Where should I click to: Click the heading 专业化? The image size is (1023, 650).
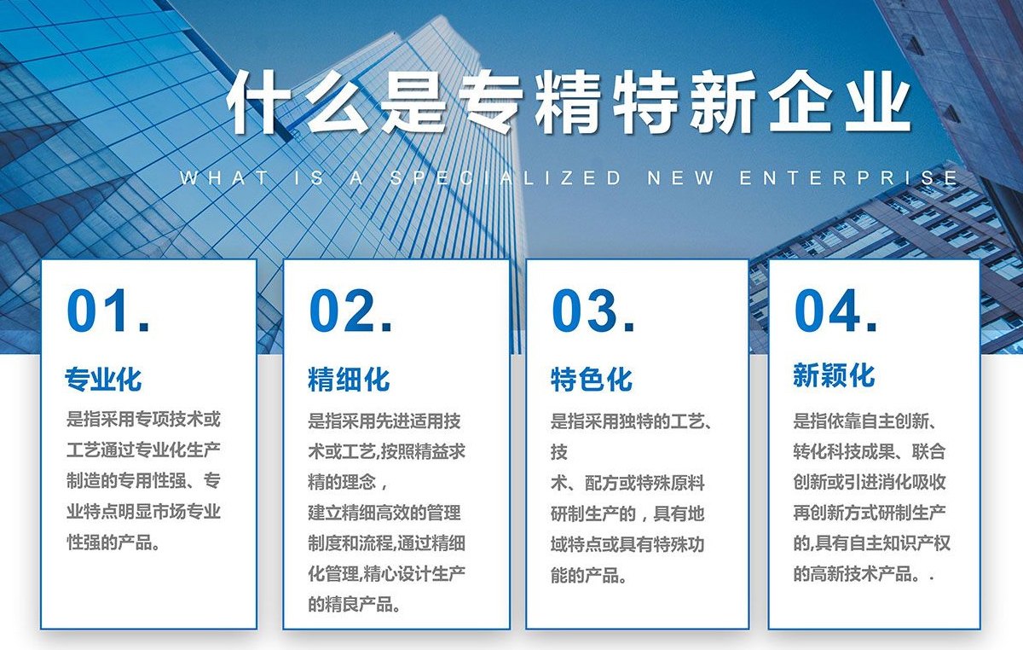(103, 378)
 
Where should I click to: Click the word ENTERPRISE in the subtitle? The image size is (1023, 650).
(848, 178)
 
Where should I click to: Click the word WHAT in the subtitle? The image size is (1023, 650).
(223, 178)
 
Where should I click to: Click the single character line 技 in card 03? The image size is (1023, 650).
(559, 451)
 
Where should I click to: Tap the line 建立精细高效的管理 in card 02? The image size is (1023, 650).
(384, 513)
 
